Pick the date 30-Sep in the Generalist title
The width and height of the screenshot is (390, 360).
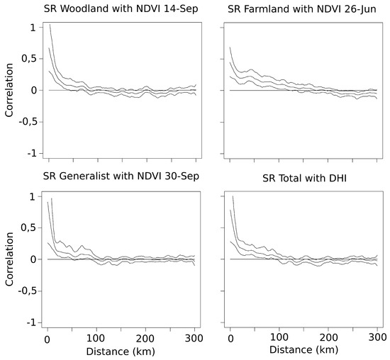[182, 176]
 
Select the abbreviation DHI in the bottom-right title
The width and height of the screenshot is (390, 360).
[346, 176]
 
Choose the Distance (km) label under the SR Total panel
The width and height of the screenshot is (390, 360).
[303, 350]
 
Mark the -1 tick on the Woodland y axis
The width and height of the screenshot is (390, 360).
[30, 153]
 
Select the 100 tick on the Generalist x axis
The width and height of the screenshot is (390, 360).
[96, 337]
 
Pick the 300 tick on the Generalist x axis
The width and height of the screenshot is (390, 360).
[195, 337]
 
